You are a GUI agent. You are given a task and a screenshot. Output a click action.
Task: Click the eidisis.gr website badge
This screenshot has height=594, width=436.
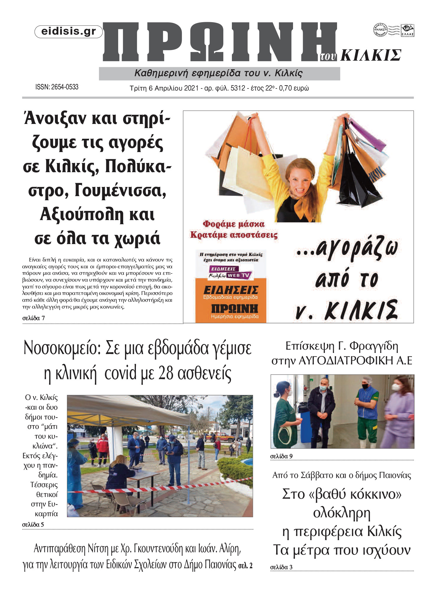[69, 32]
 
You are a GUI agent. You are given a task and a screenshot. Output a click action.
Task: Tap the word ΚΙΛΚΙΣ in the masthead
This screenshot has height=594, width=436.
[371, 55]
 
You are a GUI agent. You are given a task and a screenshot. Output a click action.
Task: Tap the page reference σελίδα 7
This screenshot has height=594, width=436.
[34, 318]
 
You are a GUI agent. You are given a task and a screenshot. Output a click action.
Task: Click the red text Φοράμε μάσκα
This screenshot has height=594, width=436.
[233, 224]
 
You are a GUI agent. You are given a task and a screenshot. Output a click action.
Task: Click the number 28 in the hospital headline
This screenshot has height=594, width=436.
[165, 373]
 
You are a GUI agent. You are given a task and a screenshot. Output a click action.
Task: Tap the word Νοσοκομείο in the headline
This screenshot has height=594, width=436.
[62, 348]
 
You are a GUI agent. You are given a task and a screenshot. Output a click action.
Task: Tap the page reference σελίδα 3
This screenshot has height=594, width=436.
[281, 567]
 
